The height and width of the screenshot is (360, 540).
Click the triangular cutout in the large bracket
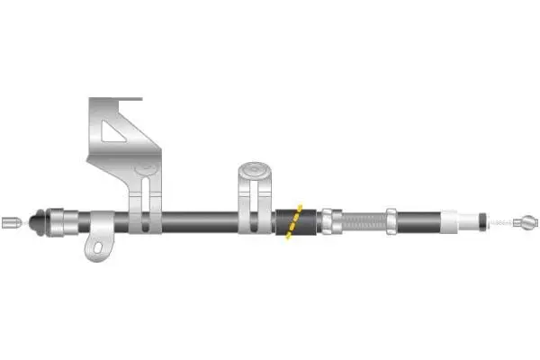[x=117, y=132]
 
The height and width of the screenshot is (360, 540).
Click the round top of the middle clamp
[x=255, y=168]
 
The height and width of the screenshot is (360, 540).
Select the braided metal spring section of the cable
[x=361, y=220]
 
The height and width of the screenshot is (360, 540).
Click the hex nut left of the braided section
[x=328, y=220]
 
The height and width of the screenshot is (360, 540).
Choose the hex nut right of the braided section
[x=392, y=220]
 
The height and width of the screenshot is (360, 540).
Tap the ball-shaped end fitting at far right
[x=530, y=220]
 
